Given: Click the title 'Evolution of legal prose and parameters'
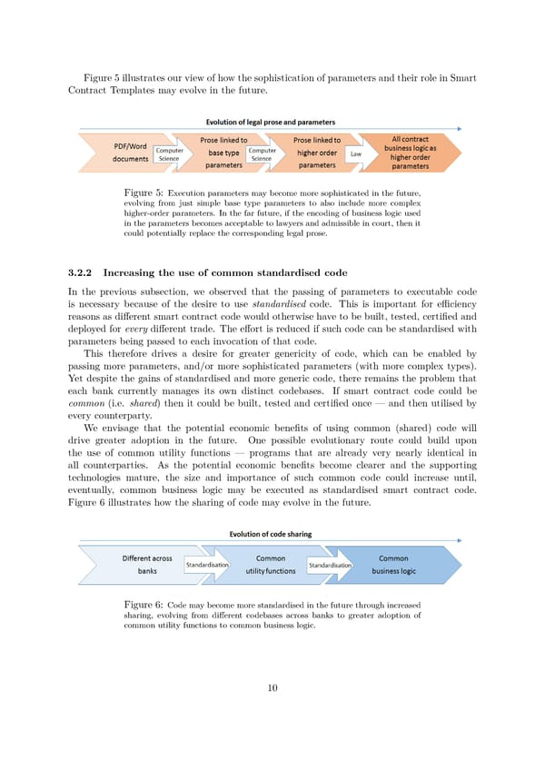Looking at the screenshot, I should [x=270, y=122].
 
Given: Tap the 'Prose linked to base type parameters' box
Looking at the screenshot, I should [x=223, y=153].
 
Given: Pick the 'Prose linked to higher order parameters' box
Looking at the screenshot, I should [x=316, y=153].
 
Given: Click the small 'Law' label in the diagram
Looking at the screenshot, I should [x=356, y=153].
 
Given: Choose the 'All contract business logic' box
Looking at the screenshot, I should [x=410, y=153].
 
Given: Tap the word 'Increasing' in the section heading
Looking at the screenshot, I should [x=134, y=271].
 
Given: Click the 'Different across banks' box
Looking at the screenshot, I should [x=147, y=564].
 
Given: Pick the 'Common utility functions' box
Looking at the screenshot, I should [x=270, y=564].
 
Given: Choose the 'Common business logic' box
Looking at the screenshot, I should [x=393, y=564].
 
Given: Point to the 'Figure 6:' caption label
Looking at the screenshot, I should [x=143, y=604].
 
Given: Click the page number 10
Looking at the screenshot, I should [x=272, y=687].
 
